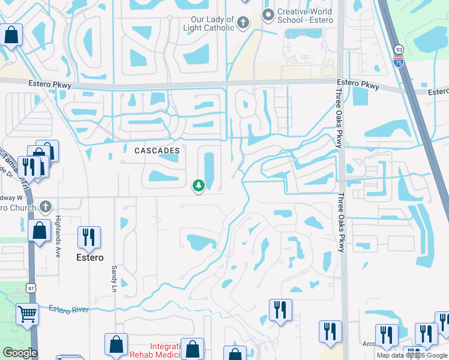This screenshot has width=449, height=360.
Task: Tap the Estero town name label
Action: pos(89,257)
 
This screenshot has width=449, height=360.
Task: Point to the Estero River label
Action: pos(68,309)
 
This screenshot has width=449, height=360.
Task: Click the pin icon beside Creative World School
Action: pos(268,14)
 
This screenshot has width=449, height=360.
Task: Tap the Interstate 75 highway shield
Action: pos(399,61)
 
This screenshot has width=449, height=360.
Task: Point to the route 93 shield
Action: pos(399,50)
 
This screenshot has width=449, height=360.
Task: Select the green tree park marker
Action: pos(198,187)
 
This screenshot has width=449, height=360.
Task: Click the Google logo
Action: pos(20,352)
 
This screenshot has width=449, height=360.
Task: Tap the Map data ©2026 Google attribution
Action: pos(412,355)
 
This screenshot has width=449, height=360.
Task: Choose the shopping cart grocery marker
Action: pos(27,313)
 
